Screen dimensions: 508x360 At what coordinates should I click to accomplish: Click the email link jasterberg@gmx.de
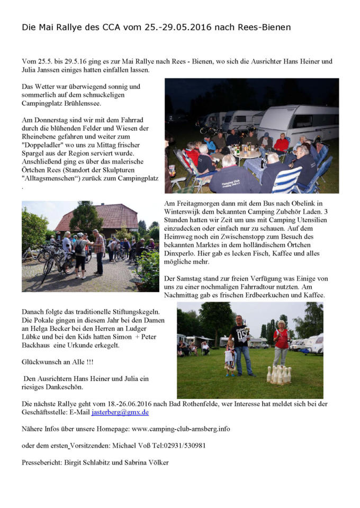click(x=120, y=412)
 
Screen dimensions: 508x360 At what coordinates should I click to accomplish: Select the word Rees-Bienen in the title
click(x=263, y=27)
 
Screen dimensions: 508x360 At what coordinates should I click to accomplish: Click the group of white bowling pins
click(x=278, y=375)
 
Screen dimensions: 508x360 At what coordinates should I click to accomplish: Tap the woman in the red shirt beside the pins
click(x=281, y=341)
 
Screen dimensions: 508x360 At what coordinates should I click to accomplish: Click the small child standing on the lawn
click(x=230, y=358)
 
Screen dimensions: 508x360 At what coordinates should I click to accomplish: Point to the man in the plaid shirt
click(x=98, y=251)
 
